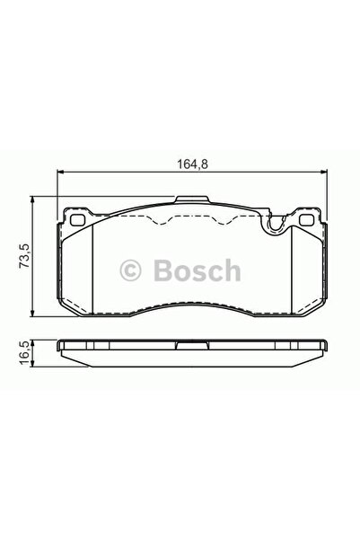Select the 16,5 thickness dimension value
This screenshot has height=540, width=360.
coord(26,350)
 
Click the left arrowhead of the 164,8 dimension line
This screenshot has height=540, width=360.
coord(60,173)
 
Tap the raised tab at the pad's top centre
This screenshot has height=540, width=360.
coord(189,201)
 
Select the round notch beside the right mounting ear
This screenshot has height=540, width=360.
coord(272,226)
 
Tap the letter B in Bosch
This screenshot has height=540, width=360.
coord(160,269)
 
